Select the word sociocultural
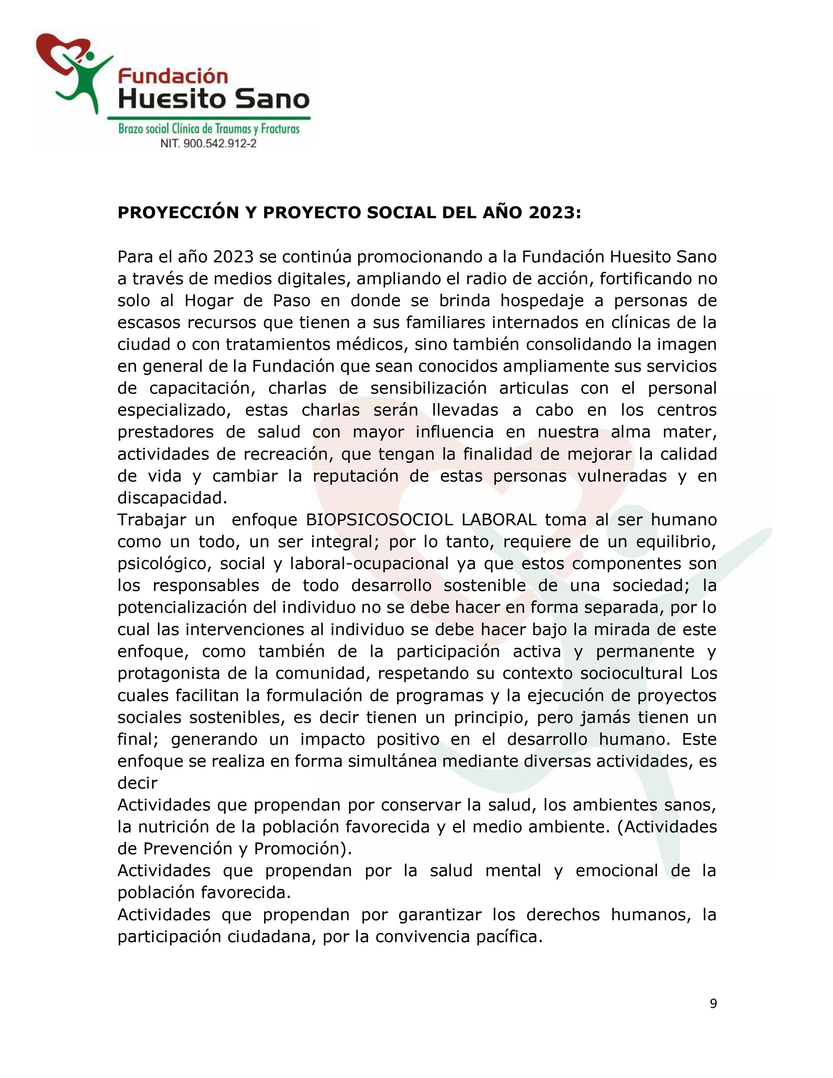click(632, 674)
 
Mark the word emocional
click(617, 871)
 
